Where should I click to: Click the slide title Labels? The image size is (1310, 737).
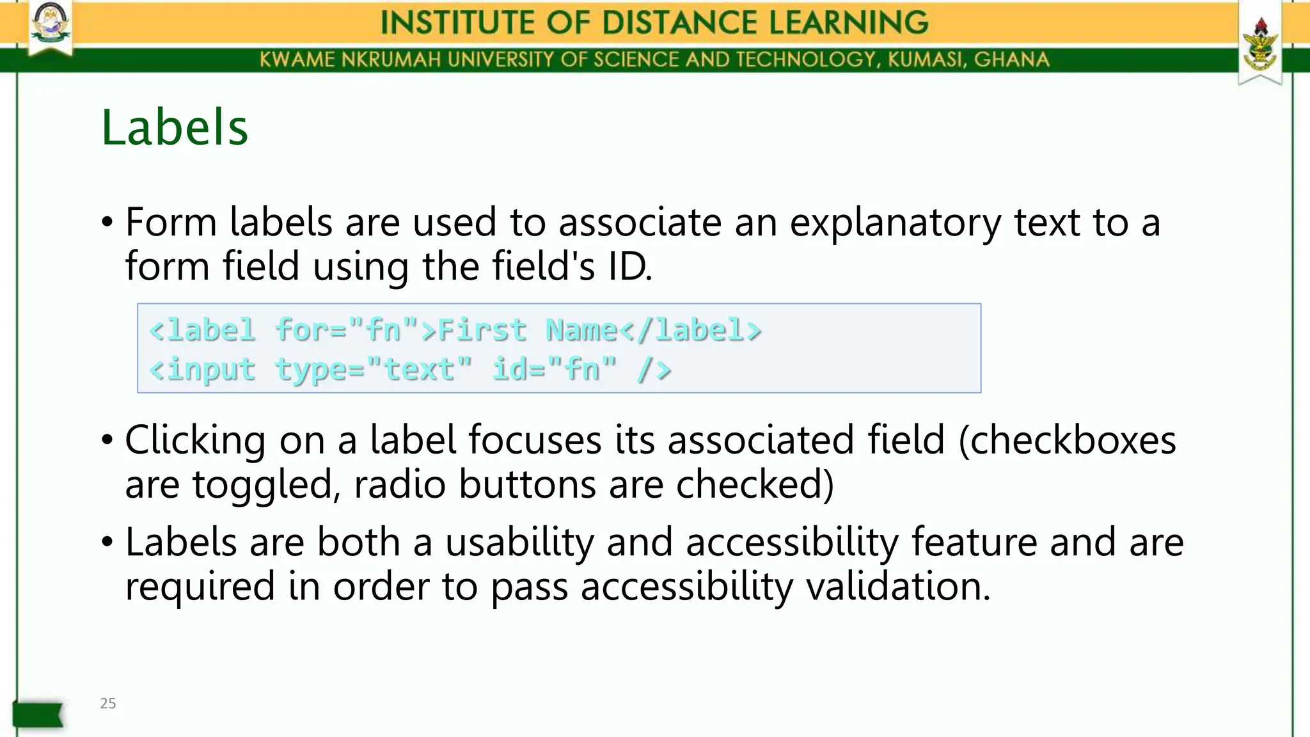click(175, 127)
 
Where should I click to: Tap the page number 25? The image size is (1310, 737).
click(108, 703)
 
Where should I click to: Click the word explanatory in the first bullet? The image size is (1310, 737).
click(895, 223)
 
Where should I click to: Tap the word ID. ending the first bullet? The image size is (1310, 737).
click(629, 266)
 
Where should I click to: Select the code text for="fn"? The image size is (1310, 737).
click(347, 330)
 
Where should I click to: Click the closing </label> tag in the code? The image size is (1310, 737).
click(690, 330)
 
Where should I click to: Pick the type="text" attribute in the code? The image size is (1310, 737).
click(374, 369)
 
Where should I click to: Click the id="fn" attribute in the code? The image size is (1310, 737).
click(555, 369)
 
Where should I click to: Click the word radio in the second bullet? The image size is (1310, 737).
click(400, 484)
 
